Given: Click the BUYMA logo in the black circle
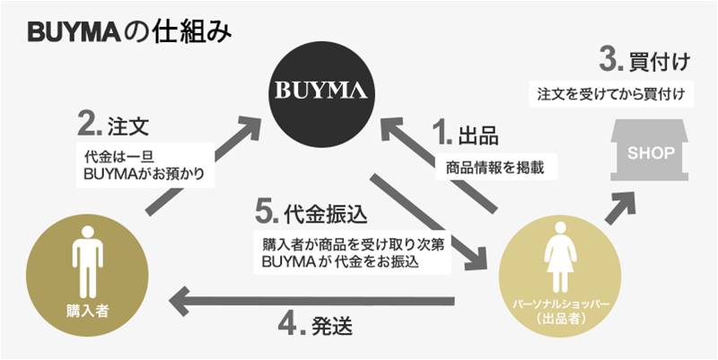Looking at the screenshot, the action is tap(320, 90).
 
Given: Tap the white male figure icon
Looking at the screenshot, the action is tap(87, 261).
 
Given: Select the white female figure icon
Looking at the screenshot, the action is tap(559, 258).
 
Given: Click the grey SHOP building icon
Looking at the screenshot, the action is tap(650, 150).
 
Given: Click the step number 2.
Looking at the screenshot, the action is tap(90, 125).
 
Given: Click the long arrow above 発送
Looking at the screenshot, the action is tap(311, 301).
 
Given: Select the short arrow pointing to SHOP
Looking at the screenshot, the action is tap(621, 208).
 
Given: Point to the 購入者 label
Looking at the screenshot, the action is tap(87, 312).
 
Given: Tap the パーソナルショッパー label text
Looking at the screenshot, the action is tap(560, 305).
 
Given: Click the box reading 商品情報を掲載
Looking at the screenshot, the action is tap(495, 168).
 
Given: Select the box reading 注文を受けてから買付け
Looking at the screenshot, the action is tap(611, 95).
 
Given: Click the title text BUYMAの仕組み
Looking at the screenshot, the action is tap(129, 34).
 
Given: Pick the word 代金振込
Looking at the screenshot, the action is tap(326, 214).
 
